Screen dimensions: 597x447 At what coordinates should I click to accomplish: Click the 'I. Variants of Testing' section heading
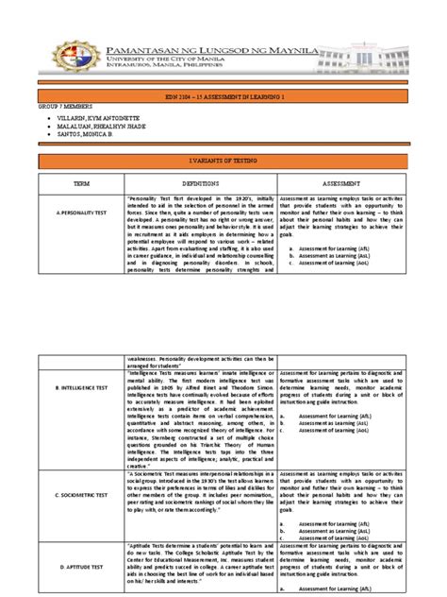(223, 163)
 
